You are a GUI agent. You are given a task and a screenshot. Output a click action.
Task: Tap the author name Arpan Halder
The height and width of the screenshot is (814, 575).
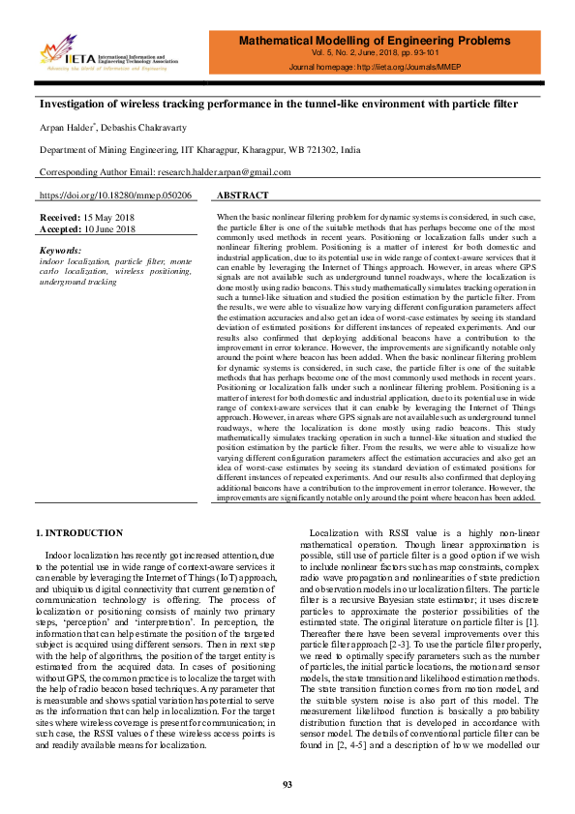[x=65, y=128]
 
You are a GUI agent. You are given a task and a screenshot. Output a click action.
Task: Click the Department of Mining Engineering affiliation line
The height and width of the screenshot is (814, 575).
[x=199, y=150]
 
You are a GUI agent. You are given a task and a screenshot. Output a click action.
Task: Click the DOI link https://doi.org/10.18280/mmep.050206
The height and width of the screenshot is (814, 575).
[x=114, y=195]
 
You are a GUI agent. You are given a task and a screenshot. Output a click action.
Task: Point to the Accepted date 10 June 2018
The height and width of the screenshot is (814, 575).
[x=107, y=230]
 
